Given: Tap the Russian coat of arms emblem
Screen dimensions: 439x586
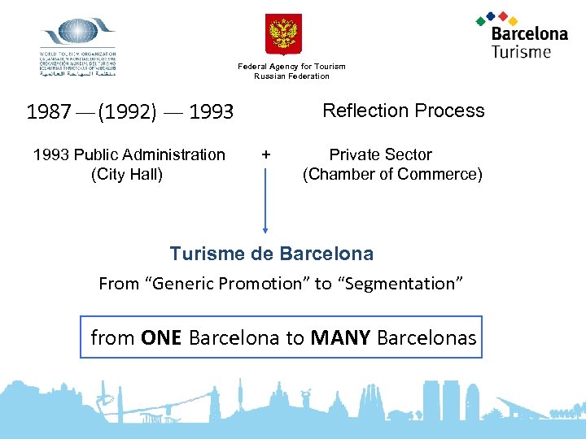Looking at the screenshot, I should click(284, 33).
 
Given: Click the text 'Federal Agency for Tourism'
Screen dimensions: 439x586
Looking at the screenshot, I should click(291, 67).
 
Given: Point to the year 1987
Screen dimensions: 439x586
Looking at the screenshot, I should click(49, 112).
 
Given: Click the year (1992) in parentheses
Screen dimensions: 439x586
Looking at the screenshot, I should click(127, 112).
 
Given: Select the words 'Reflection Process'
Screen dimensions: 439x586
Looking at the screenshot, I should click(404, 111).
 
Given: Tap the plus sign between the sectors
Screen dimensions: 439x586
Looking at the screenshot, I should click(265, 154).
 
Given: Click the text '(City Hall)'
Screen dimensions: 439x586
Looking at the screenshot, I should click(127, 174).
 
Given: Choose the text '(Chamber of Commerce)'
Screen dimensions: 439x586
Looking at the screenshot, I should click(392, 174).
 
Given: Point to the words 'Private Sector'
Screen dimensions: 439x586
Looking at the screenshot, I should click(380, 154).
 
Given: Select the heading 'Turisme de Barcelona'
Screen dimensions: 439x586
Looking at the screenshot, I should click(271, 254).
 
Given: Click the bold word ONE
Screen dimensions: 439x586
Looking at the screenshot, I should click(161, 337).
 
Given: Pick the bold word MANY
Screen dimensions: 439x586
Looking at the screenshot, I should click(341, 337).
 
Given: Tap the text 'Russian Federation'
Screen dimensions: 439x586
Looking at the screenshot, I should click(291, 76).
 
